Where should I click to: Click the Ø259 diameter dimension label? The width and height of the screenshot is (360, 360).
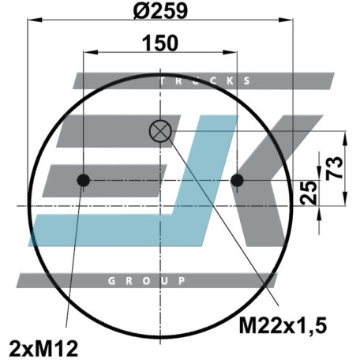point(160,11)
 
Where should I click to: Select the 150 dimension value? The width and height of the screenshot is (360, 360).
point(160,43)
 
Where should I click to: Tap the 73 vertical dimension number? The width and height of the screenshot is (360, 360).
point(335,168)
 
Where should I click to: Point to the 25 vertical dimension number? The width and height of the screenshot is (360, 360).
point(309,193)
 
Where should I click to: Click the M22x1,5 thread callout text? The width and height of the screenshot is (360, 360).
point(283,325)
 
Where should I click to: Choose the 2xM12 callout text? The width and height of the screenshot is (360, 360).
point(43,349)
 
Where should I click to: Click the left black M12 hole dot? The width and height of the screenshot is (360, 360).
point(84,181)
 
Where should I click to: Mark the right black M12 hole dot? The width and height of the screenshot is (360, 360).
point(237,181)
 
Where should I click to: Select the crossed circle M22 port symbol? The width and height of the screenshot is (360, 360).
point(160,131)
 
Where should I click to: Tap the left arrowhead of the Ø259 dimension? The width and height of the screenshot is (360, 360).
point(35,20)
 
